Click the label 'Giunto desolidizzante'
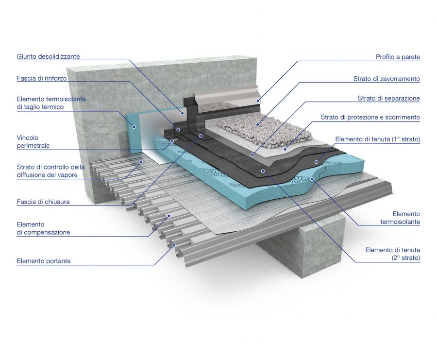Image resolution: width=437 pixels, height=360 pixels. [48, 57]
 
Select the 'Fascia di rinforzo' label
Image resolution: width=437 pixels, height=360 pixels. [42, 78]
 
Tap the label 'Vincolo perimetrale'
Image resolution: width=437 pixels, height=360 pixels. [33, 142]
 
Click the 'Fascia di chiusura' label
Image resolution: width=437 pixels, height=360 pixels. [43, 202]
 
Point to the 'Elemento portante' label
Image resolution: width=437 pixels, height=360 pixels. [44, 261]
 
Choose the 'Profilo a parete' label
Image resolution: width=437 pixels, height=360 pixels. [398, 57]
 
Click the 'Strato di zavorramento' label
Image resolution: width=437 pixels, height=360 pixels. [387, 79]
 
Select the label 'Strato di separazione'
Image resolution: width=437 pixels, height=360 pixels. [389, 98]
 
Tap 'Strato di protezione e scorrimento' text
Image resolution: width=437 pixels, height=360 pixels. [370, 117]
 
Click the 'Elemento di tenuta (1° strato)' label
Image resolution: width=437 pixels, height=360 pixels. [378, 139]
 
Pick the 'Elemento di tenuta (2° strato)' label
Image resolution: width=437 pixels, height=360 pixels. [393, 254]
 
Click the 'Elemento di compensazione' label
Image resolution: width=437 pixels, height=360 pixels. [43, 228]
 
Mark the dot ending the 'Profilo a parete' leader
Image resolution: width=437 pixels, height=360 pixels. [258, 101]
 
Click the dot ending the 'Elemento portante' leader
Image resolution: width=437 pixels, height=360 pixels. [174, 245]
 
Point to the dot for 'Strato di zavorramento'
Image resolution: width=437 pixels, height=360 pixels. [258, 124]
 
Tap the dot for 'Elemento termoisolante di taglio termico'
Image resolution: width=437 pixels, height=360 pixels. [134, 127]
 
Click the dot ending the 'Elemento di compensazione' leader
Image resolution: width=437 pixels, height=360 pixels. [169, 216]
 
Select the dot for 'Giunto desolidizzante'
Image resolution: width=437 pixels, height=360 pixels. [183, 113]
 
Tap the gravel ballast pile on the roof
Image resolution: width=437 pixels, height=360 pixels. [265, 129]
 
